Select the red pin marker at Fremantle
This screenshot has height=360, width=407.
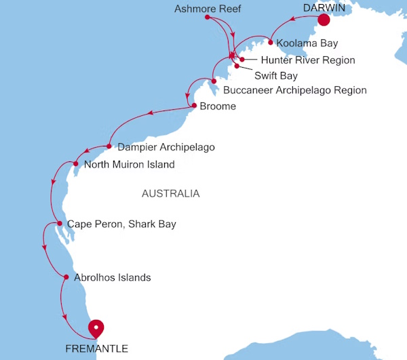[97, 328]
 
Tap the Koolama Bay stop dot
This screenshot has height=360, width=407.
[271, 42]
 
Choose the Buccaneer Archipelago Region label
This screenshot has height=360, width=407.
[294, 90]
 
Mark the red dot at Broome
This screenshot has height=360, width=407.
[194, 106]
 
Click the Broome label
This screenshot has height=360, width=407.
[218, 106]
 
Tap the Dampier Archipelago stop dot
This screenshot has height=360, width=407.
[109, 146]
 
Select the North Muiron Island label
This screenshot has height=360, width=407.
[129, 165]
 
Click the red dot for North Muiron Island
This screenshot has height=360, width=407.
[76, 163]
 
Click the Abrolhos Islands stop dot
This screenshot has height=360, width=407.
[66, 277]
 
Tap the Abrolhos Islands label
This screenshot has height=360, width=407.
[112, 277]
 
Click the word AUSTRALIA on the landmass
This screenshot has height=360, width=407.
[170, 194]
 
